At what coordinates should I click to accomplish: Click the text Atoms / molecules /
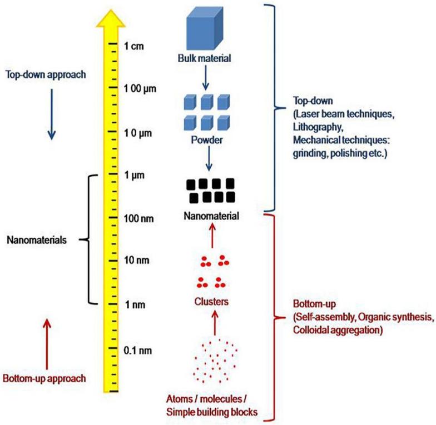point(213,400)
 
